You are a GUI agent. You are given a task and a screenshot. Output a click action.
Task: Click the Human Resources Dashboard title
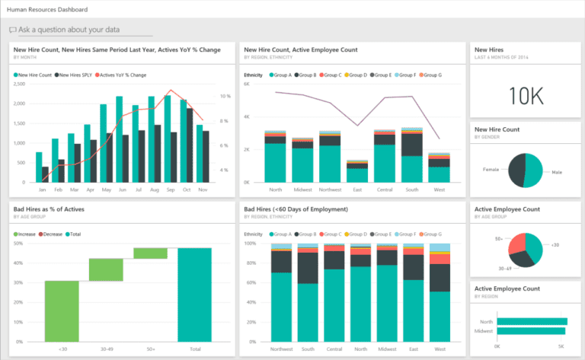click(x=47, y=10)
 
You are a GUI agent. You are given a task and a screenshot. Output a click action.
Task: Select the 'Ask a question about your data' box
click(x=80, y=30)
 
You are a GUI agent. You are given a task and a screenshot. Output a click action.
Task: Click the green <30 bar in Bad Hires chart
click(x=62, y=311)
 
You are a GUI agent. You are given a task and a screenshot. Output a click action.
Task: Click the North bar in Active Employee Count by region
click(x=532, y=322)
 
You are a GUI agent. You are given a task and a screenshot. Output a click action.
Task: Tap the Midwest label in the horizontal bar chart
click(x=485, y=331)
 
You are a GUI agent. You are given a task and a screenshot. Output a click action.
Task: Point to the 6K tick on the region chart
click(x=248, y=84)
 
